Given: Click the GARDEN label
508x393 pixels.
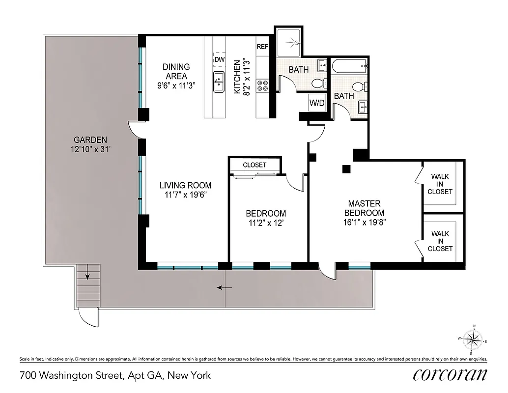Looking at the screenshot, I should [88, 139].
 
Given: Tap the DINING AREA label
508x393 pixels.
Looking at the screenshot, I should [176, 71].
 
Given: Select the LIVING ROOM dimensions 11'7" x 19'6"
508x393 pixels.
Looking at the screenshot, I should [185, 194].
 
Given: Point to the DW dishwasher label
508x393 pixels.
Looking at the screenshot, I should [219, 59].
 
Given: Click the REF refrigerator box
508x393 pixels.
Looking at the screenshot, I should [262, 47].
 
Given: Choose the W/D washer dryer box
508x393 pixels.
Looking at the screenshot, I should [316, 103].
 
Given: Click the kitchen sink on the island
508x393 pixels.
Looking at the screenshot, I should [219, 81].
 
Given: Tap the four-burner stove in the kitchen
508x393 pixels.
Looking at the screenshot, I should [262, 86].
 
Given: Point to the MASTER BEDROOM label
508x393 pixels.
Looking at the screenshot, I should [364, 208].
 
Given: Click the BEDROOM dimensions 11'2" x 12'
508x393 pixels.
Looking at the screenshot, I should [266, 223].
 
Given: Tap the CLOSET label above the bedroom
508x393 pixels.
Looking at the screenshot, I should [254, 165].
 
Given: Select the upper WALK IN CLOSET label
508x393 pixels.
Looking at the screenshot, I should [440, 184].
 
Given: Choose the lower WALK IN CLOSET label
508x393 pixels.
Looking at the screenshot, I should [440, 241].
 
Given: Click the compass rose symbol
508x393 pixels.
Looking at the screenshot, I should [474, 339].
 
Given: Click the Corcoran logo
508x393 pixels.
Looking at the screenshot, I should [450, 375].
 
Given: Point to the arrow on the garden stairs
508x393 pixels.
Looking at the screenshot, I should [87, 277].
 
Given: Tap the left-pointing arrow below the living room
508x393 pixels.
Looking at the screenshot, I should [226, 287].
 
